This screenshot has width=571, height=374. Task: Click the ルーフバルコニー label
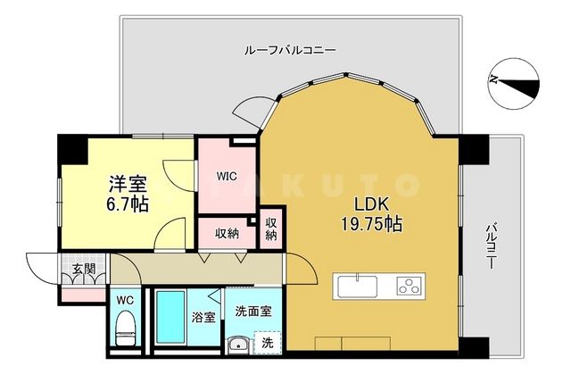click(289, 50)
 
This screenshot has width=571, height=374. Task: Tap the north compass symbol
click(515, 81)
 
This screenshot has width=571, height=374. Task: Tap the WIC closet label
click(226, 176)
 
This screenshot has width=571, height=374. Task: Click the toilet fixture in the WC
click(125, 325)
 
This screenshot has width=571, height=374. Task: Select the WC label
click(124, 298)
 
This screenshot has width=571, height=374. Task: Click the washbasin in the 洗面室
click(238, 345)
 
